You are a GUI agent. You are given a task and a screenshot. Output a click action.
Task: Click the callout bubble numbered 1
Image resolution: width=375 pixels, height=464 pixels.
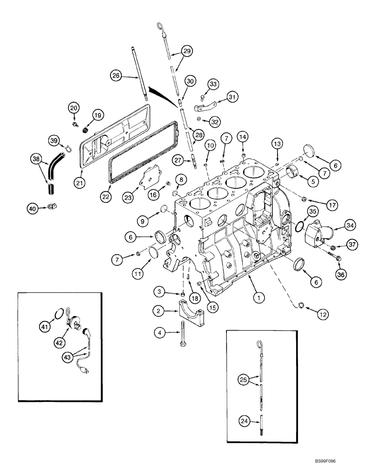click(256, 294)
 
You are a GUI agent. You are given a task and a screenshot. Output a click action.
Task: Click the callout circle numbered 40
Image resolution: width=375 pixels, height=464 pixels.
click(32, 209)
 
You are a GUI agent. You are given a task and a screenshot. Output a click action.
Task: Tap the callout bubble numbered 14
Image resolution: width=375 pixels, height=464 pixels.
click(243, 136)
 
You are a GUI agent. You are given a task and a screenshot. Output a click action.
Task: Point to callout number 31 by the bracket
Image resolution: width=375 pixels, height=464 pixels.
click(233, 97)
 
